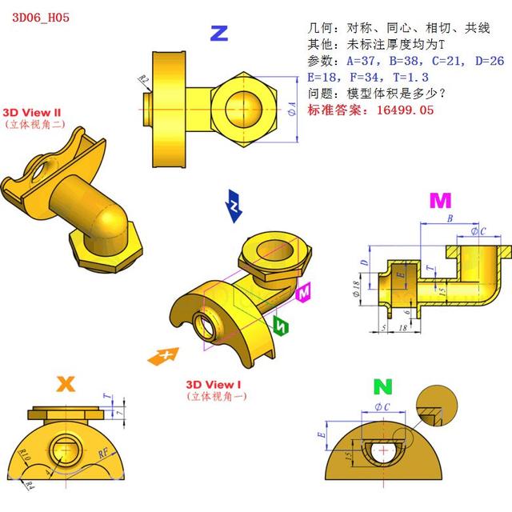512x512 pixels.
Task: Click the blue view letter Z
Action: [218, 33]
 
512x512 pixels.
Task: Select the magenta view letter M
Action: [440, 200]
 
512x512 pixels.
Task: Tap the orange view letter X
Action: [66, 384]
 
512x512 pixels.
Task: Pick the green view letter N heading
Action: [384, 388]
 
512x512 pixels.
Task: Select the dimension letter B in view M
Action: [450, 218]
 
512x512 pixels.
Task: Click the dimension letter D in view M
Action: [363, 262]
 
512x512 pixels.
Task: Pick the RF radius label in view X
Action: [104, 454]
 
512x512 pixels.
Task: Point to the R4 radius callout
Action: [29, 485]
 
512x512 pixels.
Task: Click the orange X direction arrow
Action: [163, 355]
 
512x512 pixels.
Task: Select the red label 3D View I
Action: [214, 384]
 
